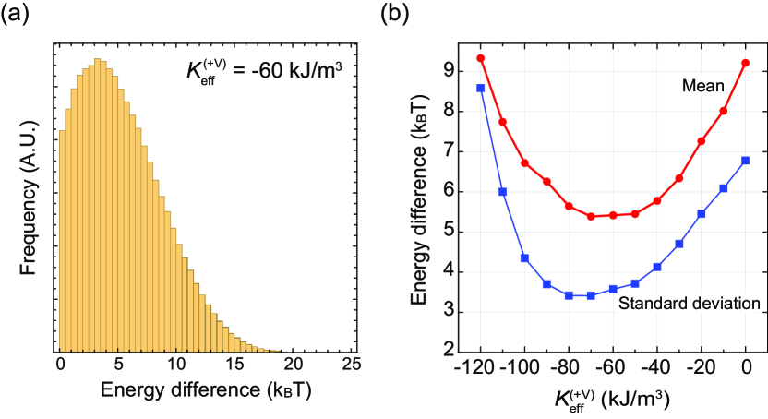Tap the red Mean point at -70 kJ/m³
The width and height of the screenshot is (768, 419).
(x=591, y=216)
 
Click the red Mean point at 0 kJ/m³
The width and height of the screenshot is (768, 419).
(x=745, y=63)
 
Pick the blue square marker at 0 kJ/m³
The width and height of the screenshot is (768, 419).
(x=745, y=161)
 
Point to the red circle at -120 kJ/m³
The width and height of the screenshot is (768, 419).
(x=480, y=58)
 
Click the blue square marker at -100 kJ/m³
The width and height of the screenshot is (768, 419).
(x=524, y=257)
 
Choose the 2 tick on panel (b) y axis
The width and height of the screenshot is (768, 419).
(x=450, y=352)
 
